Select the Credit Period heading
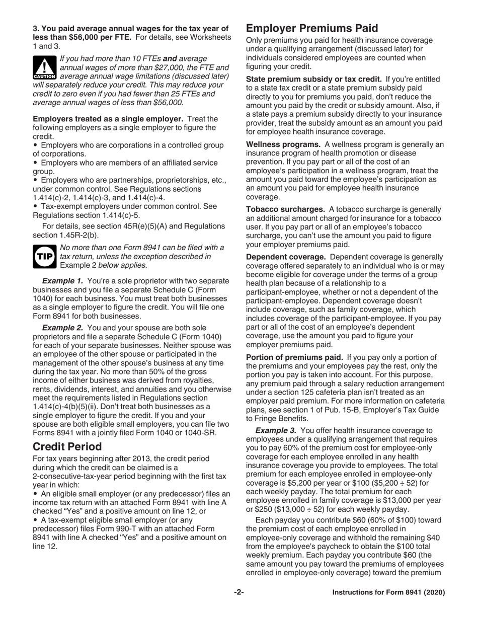67,446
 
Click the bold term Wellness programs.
283,144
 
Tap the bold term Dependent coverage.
286,257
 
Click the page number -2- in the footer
239,592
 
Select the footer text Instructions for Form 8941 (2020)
388,593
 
